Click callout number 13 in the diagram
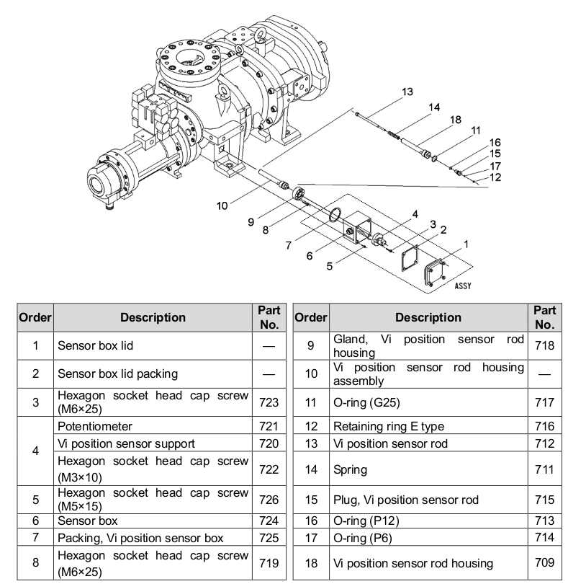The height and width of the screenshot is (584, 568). (407, 92)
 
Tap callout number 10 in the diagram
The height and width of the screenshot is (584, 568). (222, 205)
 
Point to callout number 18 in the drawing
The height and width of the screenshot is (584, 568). (454, 120)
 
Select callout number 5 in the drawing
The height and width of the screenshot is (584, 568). (330, 265)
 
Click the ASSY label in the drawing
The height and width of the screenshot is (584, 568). (462, 286)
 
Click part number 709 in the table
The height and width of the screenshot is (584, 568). (544, 563)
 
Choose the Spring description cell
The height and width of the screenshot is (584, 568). (350, 469)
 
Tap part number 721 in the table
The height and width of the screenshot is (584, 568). (268, 427)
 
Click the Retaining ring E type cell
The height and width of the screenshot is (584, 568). (388, 427)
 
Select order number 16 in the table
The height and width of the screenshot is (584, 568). (310, 521)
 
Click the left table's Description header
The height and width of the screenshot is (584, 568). (153, 317)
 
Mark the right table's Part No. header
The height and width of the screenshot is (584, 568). (544, 317)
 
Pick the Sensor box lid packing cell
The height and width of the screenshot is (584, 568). (117, 373)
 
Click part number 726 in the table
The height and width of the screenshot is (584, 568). (268, 498)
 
